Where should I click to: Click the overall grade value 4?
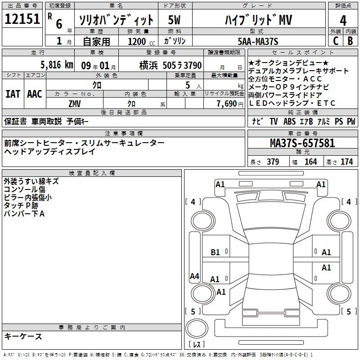343,21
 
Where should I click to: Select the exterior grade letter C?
335,41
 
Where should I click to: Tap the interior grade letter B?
351,41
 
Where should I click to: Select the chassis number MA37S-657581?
302,143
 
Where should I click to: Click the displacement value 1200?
136,41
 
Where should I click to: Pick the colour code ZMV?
75,103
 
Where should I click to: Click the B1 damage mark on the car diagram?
216,252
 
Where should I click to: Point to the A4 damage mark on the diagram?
194,276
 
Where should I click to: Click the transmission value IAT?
13,94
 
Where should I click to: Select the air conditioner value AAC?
35,94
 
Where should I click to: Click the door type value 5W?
175,20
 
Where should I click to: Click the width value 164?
311,162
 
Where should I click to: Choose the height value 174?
347,162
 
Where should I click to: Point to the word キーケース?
23,336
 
